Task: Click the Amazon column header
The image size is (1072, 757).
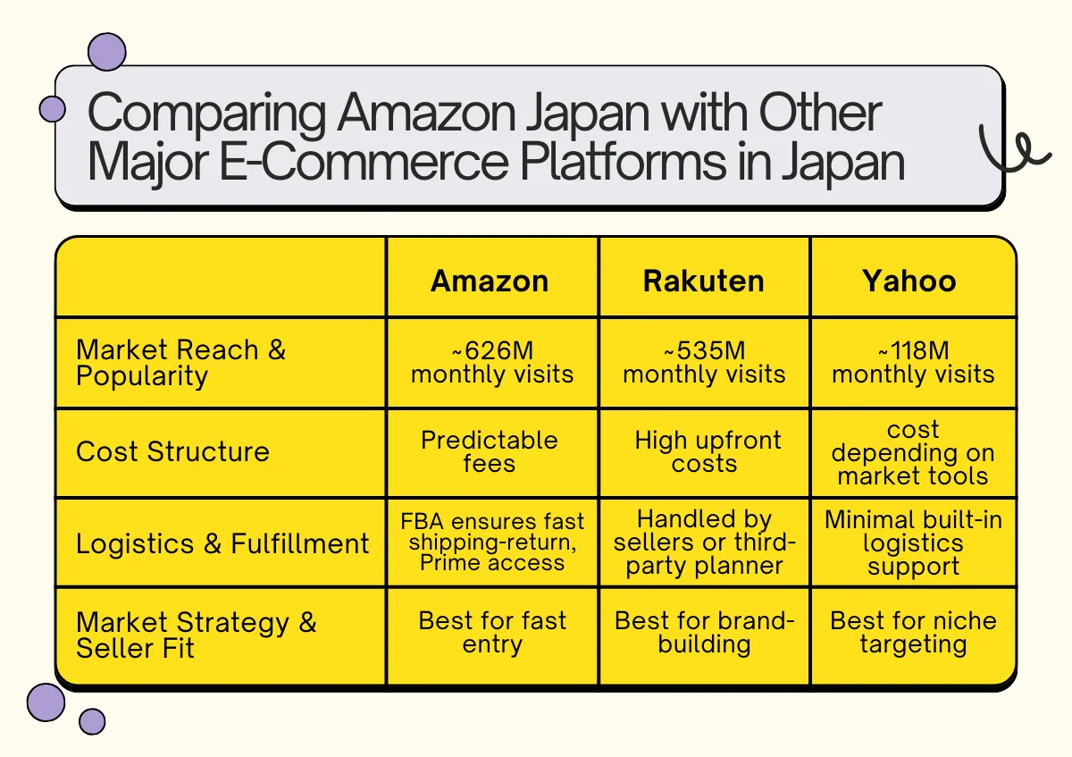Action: click(490, 281)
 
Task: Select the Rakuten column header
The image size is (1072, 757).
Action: click(704, 281)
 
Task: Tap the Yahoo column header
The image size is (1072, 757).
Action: click(909, 281)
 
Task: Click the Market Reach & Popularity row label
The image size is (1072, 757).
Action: click(181, 362)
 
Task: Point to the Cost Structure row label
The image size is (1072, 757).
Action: click(172, 451)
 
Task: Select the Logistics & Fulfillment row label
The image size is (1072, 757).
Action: click(222, 543)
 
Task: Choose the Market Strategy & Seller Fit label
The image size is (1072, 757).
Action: click(197, 635)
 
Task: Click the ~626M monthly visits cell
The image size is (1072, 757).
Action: click(492, 362)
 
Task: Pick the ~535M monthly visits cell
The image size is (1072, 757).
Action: click(704, 362)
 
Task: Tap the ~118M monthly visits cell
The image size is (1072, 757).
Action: click(913, 362)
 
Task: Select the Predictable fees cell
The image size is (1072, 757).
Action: click(490, 451)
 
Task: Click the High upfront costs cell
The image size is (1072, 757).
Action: click(708, 451)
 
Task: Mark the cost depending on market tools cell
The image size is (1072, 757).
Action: click(913, 452)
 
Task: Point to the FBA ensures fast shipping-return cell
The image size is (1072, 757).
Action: click(492, 542)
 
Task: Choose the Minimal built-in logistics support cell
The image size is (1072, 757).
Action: click(913, 543)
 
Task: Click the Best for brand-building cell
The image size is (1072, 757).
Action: click(704, 633)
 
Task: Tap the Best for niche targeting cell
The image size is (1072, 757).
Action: click(913, 633)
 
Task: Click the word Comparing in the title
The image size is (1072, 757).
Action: click(205, 114)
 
